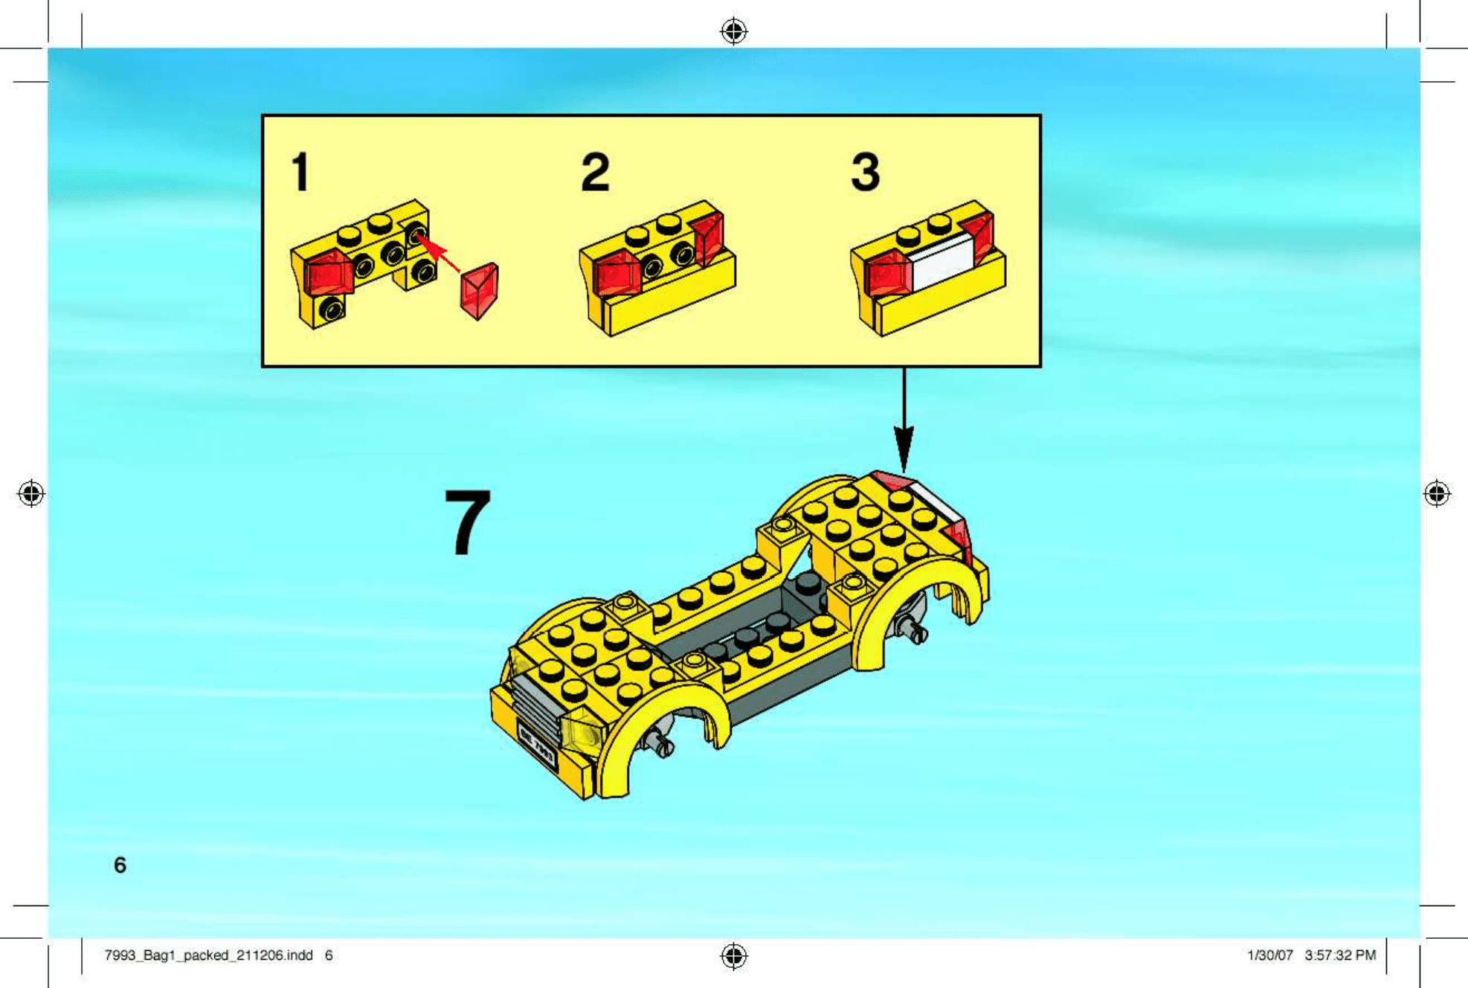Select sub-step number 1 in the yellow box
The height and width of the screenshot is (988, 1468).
(300, 172)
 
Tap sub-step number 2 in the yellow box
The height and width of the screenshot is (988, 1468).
(595, 172)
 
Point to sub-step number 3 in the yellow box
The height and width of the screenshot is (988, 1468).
(866, 172)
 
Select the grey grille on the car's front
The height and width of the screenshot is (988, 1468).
(534, 704)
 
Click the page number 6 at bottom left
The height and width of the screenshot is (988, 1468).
(120, 864)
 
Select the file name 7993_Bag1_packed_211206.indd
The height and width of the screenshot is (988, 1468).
(208, 955)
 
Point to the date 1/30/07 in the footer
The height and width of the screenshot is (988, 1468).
(1269, 955)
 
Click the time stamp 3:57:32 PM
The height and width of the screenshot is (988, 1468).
(1340, 955)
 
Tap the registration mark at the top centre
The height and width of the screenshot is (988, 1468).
(734, 31)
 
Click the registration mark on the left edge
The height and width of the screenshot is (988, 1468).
(31, 493)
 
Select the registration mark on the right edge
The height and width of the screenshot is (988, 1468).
(1437, 493)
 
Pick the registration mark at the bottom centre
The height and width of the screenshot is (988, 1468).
(734, 956)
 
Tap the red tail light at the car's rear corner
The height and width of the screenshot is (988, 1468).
(958, 536)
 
